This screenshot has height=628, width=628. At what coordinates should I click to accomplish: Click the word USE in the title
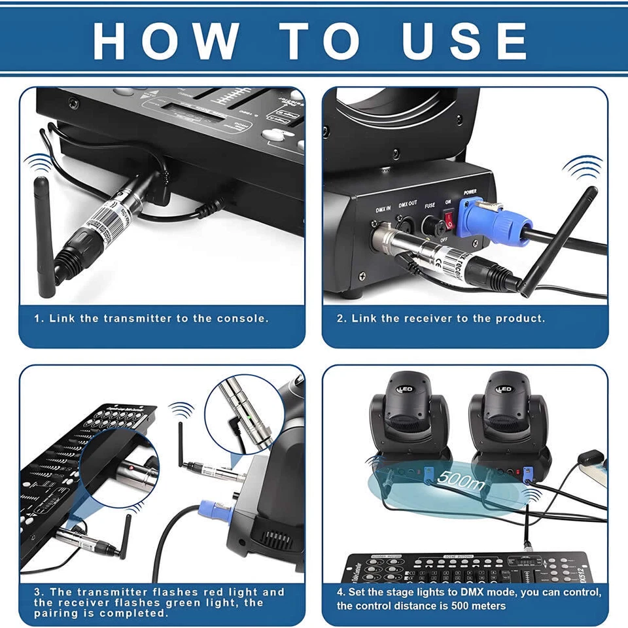coord(465,41)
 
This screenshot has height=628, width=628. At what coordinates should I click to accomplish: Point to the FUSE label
coord(429,205)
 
